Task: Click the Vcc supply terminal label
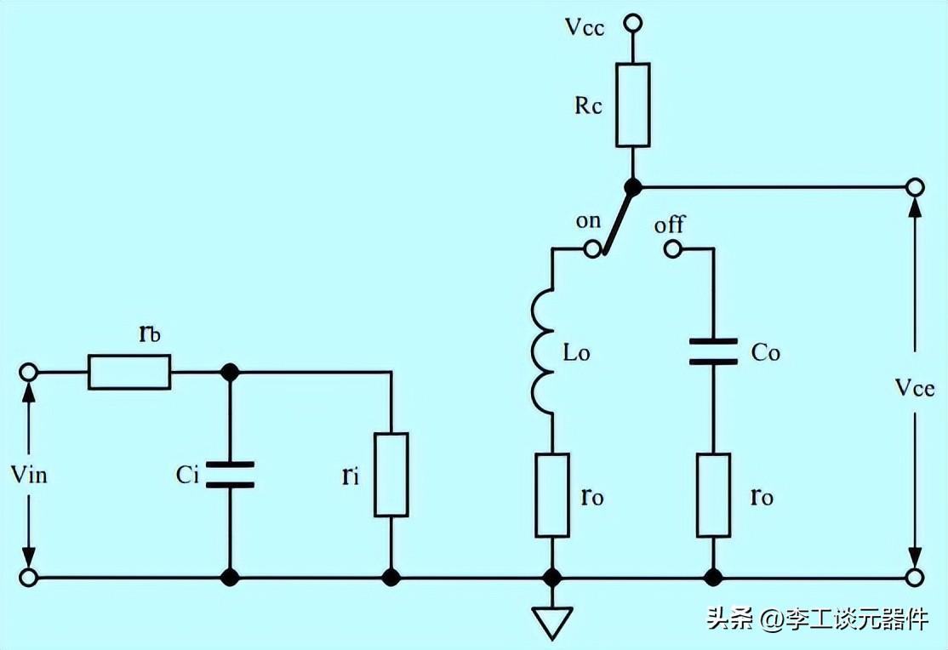click(x=585, y=26)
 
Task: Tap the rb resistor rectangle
click(x=129, y=373)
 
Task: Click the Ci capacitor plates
click(x=229, y=475)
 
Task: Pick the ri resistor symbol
click(x=391, y=475)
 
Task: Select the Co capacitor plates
click(x=713, y=351)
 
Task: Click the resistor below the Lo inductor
click(x=552, y=495)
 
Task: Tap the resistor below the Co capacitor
click(x=713, y=495)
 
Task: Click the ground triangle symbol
click(x=552, y=624)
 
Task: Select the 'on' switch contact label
click(x=588, y=221)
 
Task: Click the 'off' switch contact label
click(x=670, y=226)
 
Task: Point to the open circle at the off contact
click(x=673, y=249)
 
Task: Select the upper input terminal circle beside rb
click(x=28, y=373)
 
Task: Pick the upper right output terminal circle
click(x=916, y=185)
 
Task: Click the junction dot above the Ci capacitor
click(x=229, y=373)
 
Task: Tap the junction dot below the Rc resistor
click(x=633, y=185)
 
